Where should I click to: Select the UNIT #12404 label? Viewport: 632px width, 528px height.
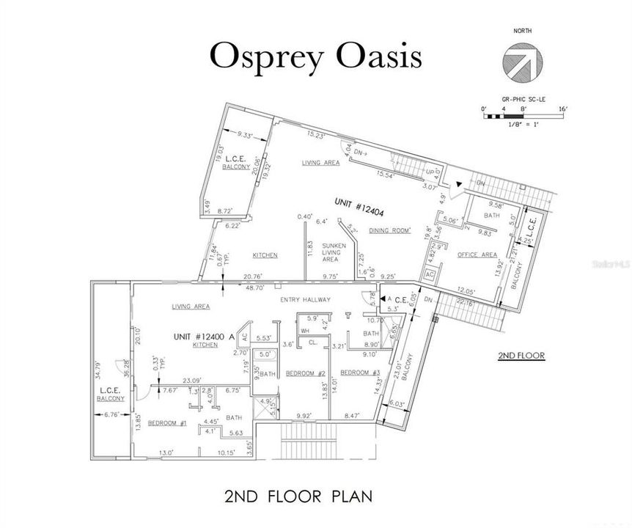361,202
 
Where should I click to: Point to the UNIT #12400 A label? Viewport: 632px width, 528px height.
203,336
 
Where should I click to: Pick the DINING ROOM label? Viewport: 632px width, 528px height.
389,230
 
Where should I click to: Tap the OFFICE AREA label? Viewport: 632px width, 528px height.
477,254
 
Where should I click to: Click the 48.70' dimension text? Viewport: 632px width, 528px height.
254,288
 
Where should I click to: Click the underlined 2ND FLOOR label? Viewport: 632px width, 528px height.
521,356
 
